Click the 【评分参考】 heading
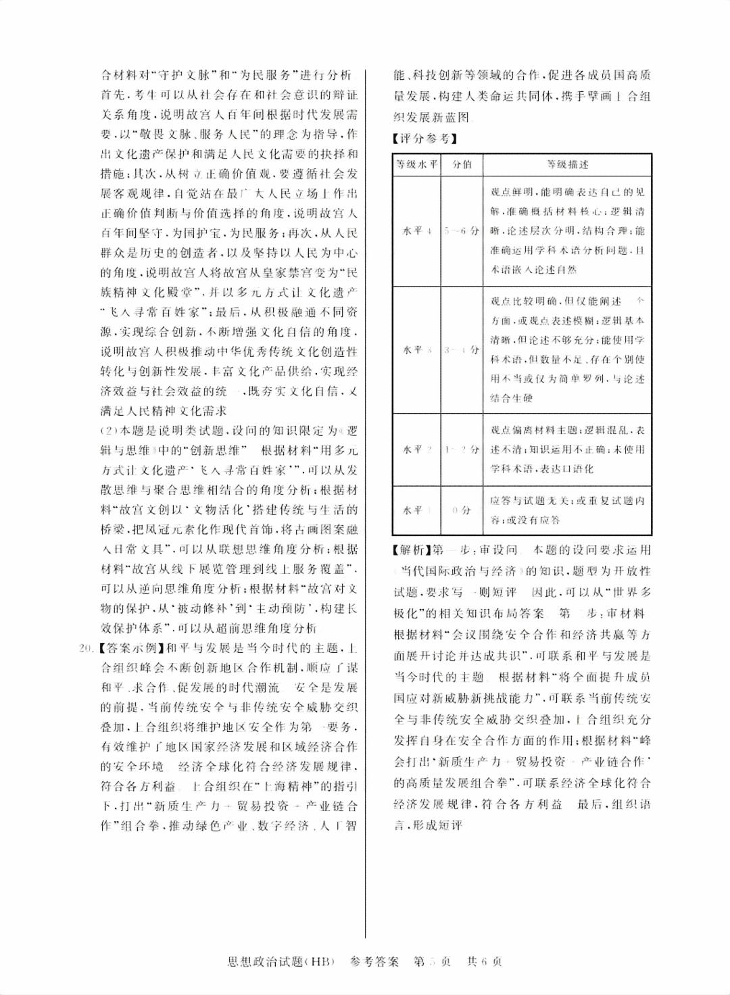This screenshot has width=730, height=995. (x=424, y=139)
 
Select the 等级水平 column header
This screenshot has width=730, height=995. (x=417, y=165)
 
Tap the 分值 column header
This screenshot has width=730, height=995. (x=462, y=165)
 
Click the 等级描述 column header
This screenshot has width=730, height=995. (x=567, y=165)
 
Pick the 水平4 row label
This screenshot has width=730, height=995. (x=417, y=231)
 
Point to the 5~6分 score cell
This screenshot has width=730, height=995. (x=462, y=231)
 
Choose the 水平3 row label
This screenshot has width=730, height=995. (x=417, y=350)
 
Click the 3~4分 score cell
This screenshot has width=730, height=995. (x=462, y=350)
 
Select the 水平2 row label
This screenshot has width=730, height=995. (x=417, y=450)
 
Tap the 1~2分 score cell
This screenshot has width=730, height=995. (x=462, y=450)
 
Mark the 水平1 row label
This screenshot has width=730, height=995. (x=417, y=510)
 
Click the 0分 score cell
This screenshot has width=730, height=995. (x=462, y=510)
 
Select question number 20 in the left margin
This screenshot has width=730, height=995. (x=86, y=649)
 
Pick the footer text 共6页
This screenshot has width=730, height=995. (x=485, y=961)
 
